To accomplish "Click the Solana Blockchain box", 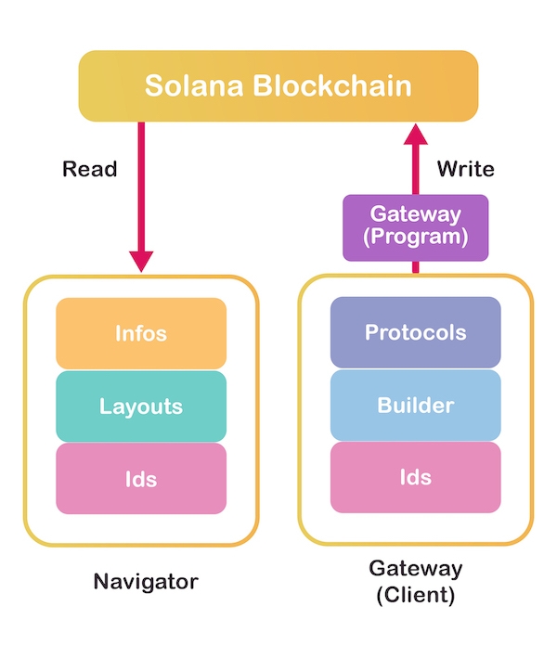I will [x=278, y=86].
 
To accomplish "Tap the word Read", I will [x=90, y=169].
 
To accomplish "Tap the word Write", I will [x=465, y=169].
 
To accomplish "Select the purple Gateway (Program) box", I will [x=415, y=226].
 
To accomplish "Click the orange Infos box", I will [x=141, y=333].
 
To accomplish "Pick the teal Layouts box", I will [x=141, y=406].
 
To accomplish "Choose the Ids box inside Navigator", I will [x=141, y=479].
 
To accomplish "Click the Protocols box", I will [x=415, y=332].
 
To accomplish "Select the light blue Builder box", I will [x=415, y=406].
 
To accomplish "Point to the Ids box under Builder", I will [x=415, y=477].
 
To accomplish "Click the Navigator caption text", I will [x=146, y=582].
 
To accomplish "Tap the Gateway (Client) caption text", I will [x=415, y=582].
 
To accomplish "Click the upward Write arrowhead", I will [x=417, y=134].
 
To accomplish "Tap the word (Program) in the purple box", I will [x=415, y=238].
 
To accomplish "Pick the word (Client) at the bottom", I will [x=415, y=595].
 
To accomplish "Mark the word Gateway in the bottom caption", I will [x=415, y=568].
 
